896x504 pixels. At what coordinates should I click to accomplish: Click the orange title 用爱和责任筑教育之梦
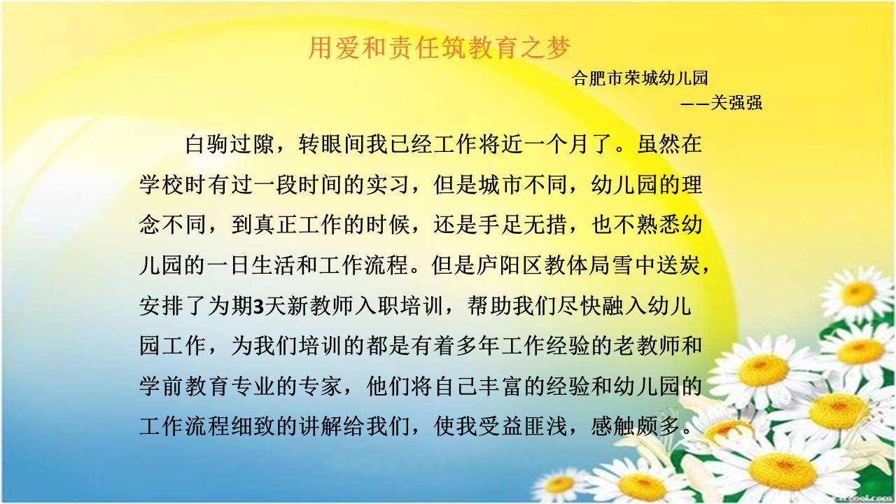439,48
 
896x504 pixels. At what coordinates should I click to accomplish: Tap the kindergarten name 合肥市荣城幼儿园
640,78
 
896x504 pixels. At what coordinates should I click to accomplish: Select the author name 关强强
736,103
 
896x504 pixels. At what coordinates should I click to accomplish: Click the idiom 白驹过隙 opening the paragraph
230,144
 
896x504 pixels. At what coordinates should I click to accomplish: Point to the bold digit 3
259,307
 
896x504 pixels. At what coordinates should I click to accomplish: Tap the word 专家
320,386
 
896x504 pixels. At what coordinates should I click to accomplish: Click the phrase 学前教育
184,386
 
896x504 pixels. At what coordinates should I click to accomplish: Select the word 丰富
503,386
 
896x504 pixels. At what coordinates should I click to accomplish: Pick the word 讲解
320,426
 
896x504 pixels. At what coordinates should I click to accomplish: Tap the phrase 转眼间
332,144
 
